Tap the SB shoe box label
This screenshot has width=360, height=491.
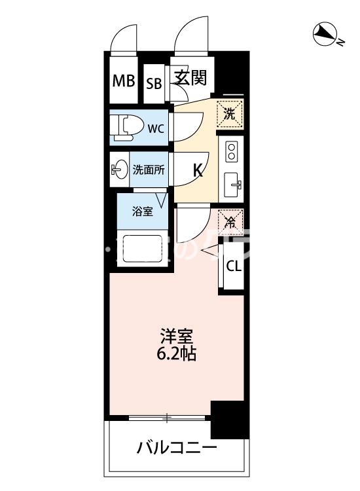[154, 83]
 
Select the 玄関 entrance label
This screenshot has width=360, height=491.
[190, 78]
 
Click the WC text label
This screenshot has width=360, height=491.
[155, 128]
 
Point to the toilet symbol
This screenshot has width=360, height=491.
[125, 127]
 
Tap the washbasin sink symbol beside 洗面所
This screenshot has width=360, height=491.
[118, 170]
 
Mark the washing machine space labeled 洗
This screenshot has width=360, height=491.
[230, 113]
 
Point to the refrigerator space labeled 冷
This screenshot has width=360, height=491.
[230, 221]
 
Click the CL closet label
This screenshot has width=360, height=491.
[234, 266]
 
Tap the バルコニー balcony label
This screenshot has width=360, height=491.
[177, 448]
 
